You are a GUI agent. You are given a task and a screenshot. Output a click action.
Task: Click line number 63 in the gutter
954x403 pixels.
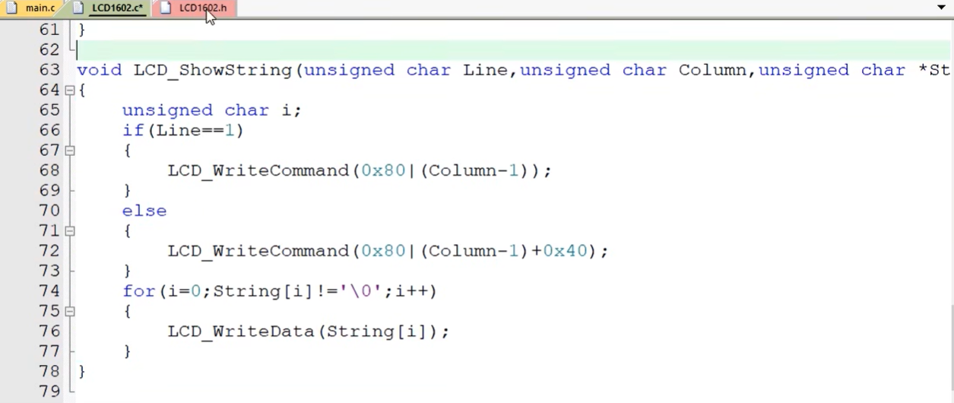click(x=49, y=70)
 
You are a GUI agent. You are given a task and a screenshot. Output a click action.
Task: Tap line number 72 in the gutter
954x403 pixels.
click(x=49, y=251)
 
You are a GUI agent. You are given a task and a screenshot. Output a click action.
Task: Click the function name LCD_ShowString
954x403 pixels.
click(x=213, y=70)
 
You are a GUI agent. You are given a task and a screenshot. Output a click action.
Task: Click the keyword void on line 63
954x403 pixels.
click(x=99, y=70)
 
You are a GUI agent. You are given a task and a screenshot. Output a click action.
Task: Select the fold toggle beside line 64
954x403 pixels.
click(x=70, y=90)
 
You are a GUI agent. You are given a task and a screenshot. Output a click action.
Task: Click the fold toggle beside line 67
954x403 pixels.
click(x=70, y=151)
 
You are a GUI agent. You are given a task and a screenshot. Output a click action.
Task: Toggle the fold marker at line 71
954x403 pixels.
click(x=70, y=231)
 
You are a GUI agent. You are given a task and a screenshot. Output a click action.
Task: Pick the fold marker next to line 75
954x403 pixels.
click(x=70, y=312)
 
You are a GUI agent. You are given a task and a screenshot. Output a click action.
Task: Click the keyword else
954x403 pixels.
click(x=144, y=211)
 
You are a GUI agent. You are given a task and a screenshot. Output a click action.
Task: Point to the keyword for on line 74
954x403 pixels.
click(x=138, y=291)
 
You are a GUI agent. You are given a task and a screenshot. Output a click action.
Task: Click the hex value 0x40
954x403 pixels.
click(x=565, y=251)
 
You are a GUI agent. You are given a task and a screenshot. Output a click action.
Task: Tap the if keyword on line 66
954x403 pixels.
click(x=133, y=130)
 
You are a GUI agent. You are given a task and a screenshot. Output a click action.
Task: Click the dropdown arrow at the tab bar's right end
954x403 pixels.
click(x=942, y=8)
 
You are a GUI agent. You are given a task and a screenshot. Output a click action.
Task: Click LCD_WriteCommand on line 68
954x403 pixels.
click(x=258, y=170)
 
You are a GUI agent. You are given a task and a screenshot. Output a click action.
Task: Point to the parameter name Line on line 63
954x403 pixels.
click(x=486, y=70)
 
